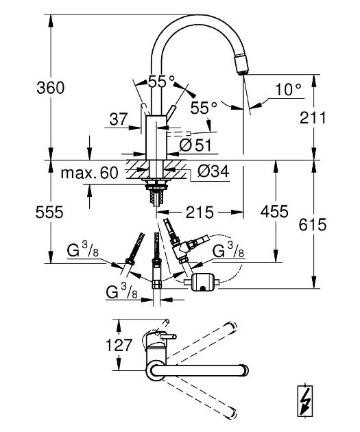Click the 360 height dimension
pyautogui.click(x=51, y=88)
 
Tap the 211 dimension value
pyautogui.click(x=313, y=118)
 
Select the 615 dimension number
pyautogui.click(x=313, y=224)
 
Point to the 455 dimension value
pyautogui.click(x=274, y=212)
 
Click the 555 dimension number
pyautogui.click(x=49, y=212)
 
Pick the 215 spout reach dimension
pyautogui.click(x=200, y=212)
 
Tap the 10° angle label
pyautogui.click(x=288, y=89)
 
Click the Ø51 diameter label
pyautogui.click(x=195, y=145)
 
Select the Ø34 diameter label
pyautogui.click(x=213, y=171)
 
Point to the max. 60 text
pyautogui.click(x=90, y=173)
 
